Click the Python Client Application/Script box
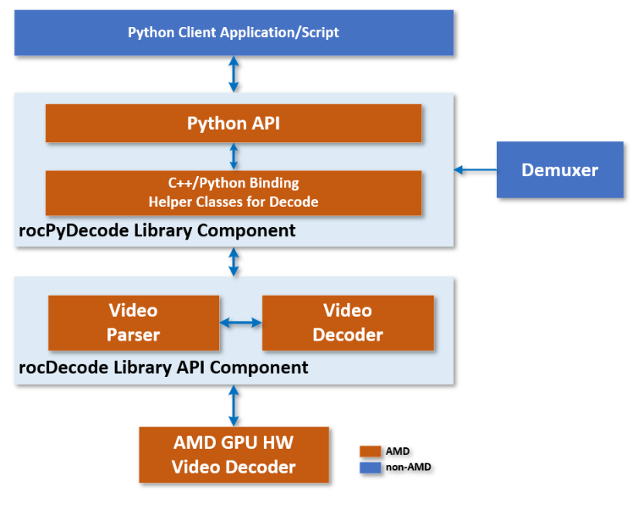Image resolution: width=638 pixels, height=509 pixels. (x=234, y=33)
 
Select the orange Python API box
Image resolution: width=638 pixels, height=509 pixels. (x=234, y=124)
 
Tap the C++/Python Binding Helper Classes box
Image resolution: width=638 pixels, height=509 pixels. (x=234, y=192)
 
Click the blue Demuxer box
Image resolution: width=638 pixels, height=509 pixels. (x=559, y=170)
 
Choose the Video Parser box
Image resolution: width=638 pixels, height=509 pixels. (x=134, y=323)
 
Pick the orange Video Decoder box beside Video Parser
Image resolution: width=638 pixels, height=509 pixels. (x=348, y=323)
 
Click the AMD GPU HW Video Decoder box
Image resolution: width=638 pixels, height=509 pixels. (x=234, y=455)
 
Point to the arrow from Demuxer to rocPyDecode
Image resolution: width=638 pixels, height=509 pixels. (x=475, y=170)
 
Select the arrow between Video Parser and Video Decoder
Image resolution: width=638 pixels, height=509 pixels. (x=240, y=323)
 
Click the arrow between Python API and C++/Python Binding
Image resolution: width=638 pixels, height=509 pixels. (x=234, y=157)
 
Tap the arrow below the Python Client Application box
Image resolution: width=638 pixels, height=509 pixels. (x=234, y=75)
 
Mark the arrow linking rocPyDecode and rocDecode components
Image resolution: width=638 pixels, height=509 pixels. (x=234, y=262)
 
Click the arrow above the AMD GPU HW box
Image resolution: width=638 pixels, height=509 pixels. (x=234, y=406)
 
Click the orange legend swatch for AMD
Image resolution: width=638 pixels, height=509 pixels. (x=371, y=451)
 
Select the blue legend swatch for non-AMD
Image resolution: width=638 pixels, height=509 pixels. (x=371, y=467)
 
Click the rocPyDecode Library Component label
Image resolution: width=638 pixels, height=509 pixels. (x=157, y=230)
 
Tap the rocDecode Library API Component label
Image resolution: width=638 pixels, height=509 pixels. (x=163, y=368)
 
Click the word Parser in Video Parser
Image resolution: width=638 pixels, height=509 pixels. (x=134, y=335)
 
